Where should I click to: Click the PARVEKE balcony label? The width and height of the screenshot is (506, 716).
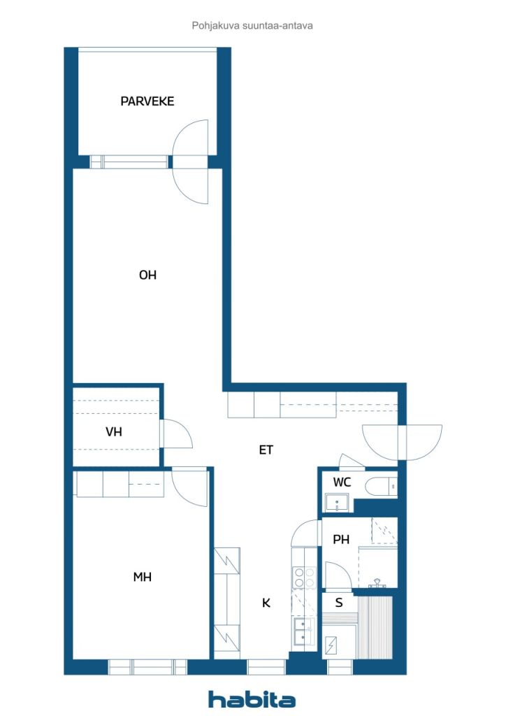147,101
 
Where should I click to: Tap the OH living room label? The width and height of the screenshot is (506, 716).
148,275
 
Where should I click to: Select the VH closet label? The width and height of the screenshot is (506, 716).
114,431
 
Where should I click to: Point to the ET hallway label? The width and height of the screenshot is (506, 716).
266,450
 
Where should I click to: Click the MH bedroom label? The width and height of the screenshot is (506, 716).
143,577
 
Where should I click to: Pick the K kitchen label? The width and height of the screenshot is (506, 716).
266,603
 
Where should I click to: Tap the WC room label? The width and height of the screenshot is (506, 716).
342,482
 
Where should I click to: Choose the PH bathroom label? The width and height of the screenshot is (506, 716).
341,540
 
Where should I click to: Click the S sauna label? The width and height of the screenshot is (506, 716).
339,603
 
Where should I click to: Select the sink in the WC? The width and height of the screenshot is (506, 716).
337,503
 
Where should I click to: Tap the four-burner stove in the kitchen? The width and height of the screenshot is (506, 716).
304,577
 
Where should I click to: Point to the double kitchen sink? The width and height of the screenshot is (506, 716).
304,631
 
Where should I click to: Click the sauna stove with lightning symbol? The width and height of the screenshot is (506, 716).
331,645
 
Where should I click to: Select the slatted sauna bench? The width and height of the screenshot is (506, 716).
375,627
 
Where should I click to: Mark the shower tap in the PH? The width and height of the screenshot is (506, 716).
377,583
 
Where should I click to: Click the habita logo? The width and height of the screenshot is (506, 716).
252,699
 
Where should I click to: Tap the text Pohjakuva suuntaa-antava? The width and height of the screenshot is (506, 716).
252,26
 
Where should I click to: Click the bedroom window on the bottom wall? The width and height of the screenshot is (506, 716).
147,667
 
